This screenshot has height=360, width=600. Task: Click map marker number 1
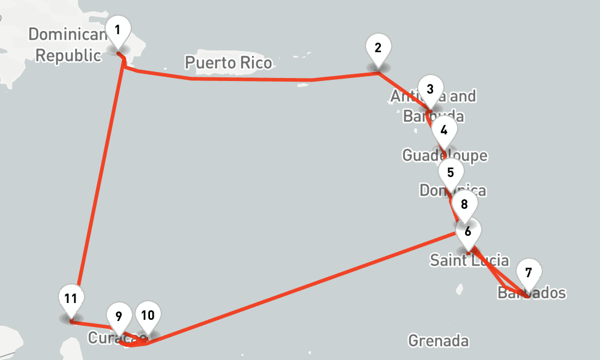(x=118, y=30)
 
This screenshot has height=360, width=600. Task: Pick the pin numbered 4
(x=444, y=130)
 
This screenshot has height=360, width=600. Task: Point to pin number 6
(x=468, y=230)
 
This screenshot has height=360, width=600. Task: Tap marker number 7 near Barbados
(x=528, y=273)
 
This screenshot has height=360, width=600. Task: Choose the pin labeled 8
(x=464, y=205)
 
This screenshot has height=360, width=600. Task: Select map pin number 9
(x=119, y=316)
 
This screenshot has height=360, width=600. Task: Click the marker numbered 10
(x=148, y=314)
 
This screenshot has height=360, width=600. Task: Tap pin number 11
(x=71, y=298)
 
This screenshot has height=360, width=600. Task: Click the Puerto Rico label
(x=228, y=62)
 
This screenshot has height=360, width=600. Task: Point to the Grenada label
(x=438, y=341)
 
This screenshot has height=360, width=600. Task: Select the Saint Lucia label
(x=469, y=260)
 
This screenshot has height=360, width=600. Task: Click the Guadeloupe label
(x=445, y=156)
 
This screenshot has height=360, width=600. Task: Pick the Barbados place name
(x=532, y=293)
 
